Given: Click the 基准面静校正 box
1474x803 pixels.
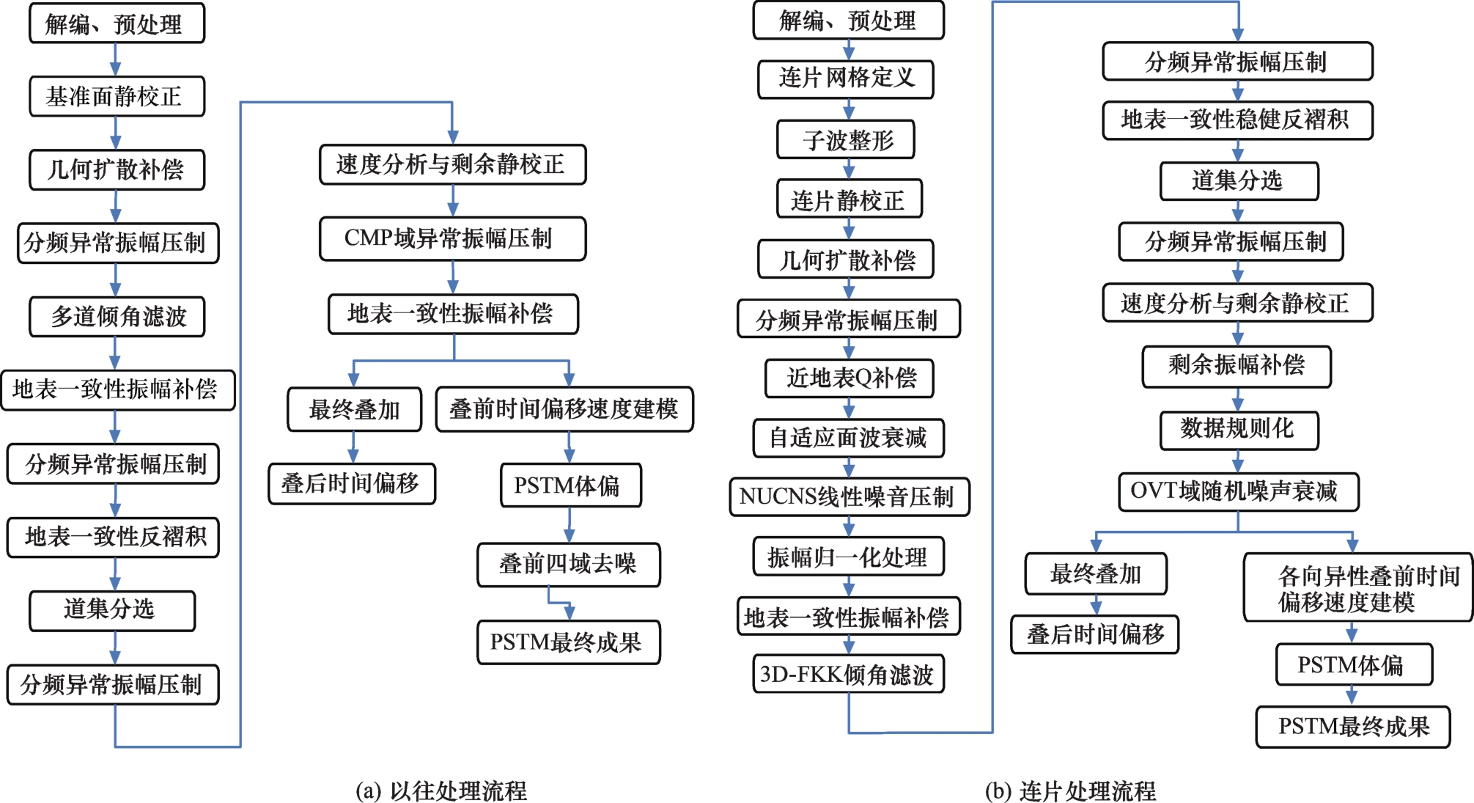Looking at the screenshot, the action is [117, 96].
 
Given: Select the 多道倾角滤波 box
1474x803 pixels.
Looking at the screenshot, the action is [117, 316].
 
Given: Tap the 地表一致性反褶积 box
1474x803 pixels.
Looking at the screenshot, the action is [114, 537].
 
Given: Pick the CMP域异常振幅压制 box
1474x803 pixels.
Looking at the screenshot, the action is [453, 238].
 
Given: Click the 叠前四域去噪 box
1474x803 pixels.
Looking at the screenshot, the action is [569, 564].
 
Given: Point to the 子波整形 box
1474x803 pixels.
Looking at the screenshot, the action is [846, 139].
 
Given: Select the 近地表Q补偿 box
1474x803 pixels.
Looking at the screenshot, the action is [850, 378].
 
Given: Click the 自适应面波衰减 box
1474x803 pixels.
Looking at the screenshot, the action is [849, 438].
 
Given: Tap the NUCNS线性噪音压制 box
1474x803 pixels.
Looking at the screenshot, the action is [850, 496].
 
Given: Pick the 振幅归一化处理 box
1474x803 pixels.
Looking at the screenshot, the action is [849, 557].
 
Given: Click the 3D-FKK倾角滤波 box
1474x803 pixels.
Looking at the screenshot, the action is [849, 673].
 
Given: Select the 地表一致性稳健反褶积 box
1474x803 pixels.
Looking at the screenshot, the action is [1238, 120].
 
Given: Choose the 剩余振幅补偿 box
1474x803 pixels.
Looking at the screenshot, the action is [1237, 366].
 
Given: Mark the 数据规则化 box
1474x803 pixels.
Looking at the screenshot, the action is [1239, 430].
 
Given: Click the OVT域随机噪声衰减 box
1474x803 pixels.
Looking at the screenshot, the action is [1239, 491].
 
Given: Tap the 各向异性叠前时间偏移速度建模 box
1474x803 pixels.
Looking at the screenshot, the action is [1358, 587].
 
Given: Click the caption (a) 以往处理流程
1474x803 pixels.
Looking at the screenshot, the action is [441, 791].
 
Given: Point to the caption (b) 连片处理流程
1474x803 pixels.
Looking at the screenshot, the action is [1071, 791].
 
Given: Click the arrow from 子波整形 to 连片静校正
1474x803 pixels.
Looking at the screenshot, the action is [849, 169].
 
